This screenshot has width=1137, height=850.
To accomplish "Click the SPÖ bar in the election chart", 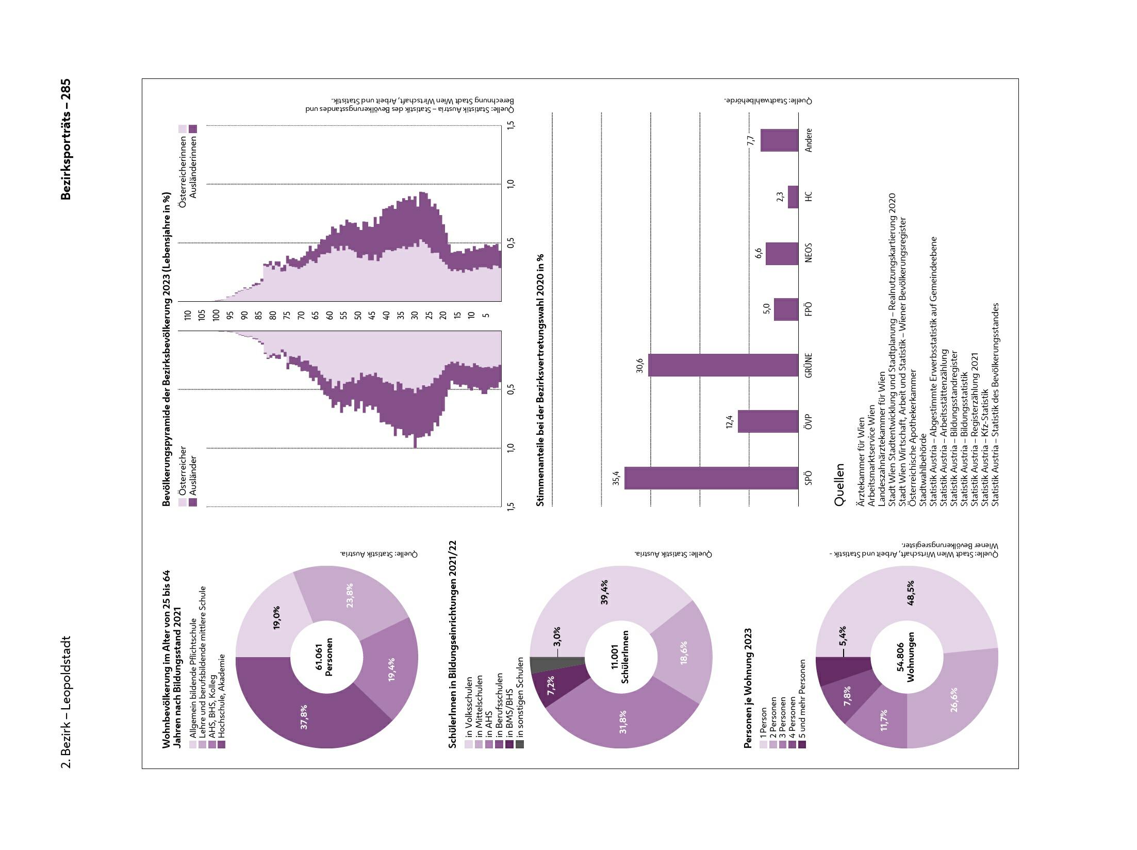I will [712, 478].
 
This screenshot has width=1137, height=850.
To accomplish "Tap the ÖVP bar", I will [768, 421].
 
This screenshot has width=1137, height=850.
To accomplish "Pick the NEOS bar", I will [782, 253].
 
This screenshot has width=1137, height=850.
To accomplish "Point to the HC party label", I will [808, 197].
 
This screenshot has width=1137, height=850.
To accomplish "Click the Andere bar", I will [779, 140].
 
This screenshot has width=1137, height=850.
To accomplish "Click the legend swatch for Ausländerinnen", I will [193, 128].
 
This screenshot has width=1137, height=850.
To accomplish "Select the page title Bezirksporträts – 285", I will [65, 139].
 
